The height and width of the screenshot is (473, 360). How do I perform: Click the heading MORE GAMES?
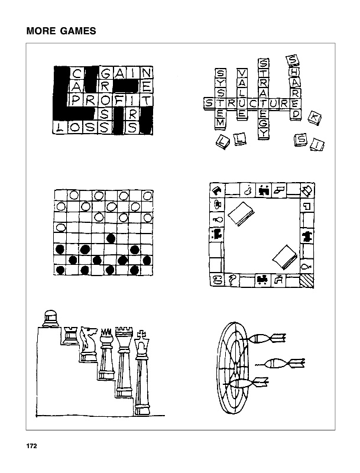tap(61, 31)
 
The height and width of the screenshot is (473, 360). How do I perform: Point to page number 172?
tap(31, 446)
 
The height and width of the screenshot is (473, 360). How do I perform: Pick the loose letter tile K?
tap(314, 118)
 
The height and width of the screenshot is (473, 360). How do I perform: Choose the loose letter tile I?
tap(316, 144)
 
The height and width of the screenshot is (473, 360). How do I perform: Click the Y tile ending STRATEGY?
tap(264, 134)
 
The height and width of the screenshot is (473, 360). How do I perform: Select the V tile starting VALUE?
tap(242, 73)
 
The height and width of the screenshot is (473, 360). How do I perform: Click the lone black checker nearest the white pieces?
tap(111, 238)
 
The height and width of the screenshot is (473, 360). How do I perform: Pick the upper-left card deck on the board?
tap(240, 213)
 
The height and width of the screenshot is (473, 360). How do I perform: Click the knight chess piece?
tap(89, 342)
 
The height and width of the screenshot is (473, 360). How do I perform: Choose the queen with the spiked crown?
tap(106, 355)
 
